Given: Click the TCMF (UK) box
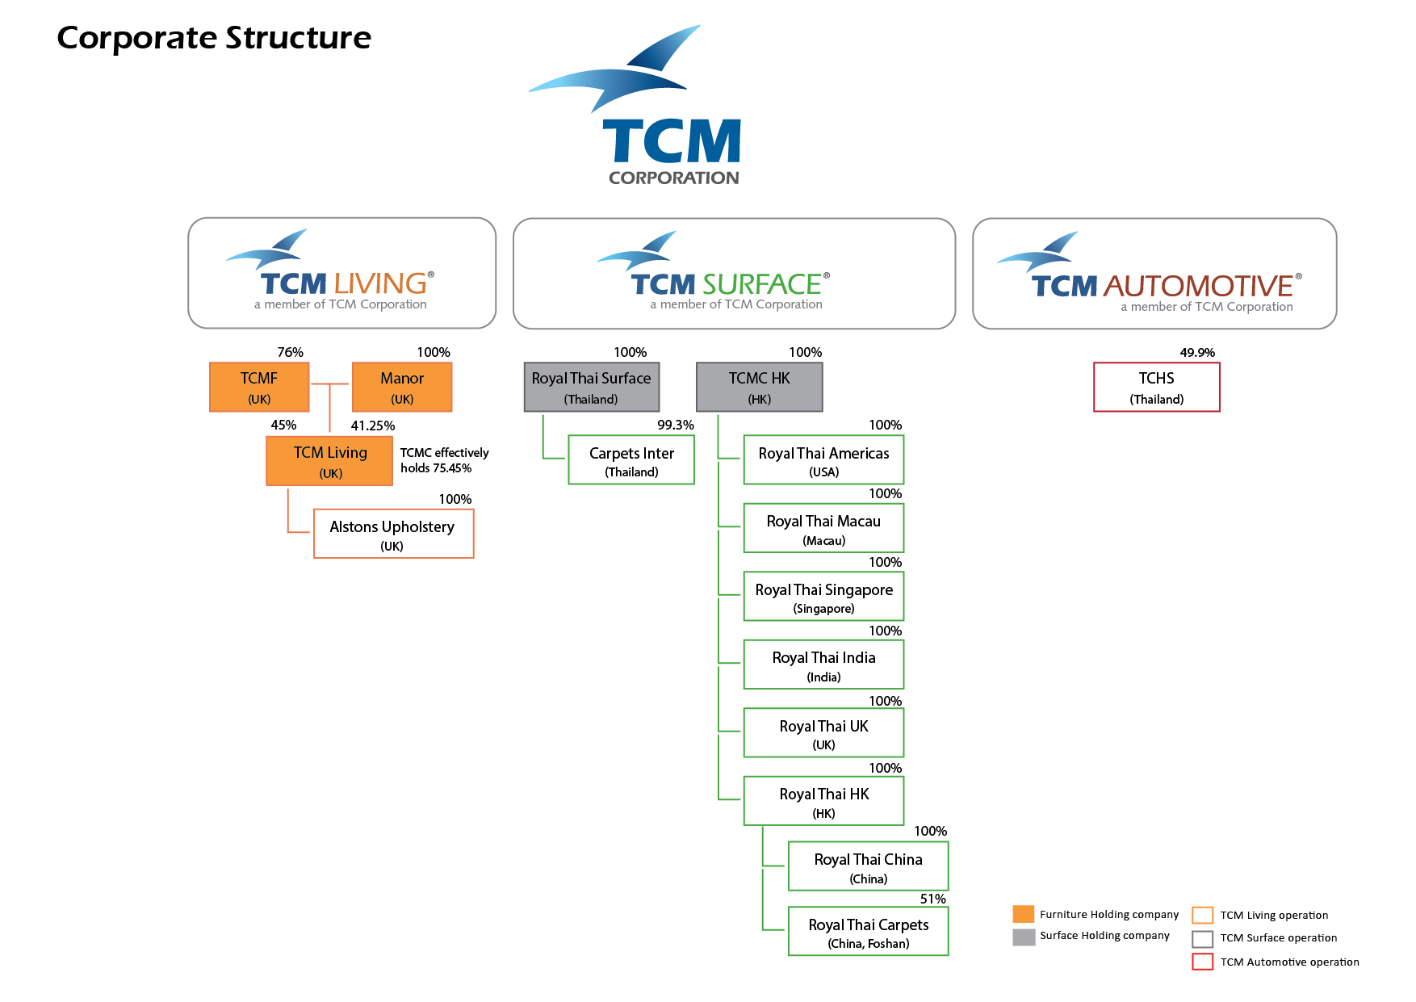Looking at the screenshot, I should [x=259, y=388].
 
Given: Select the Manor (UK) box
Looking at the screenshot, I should [x=402, y=388].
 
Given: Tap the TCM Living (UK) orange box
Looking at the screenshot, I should [x=329, y=461].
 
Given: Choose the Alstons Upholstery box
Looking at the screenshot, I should [x=393, y=534].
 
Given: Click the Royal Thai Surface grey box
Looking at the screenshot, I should [x=592, y=388].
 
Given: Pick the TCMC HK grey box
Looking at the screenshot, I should [x=760, y=388].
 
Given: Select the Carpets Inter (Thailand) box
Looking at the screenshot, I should [x=631, y=461].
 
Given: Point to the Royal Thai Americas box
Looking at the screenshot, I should [x=823, y=460].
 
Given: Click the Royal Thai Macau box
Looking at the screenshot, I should [x=823, y=528].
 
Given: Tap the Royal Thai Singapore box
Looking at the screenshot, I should [x=823, y=597].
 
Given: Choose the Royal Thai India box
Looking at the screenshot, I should [x=823, y=665].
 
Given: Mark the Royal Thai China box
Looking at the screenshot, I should [x=869, y=866].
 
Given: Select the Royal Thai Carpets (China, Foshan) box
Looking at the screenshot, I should [x=869, y=932].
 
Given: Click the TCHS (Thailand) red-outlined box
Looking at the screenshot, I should [x=1157, y=388].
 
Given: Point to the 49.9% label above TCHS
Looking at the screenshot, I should [x=1197, y=353].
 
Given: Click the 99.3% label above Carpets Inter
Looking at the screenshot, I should [x=676, y=426].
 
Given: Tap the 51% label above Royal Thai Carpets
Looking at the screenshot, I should [x=933, y=899].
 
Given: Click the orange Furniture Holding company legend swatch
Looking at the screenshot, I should [x=1024, y=914].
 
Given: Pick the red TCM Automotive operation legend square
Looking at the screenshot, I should [x=1203, y=962].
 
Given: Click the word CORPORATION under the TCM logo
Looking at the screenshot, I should [x=674, y=178].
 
